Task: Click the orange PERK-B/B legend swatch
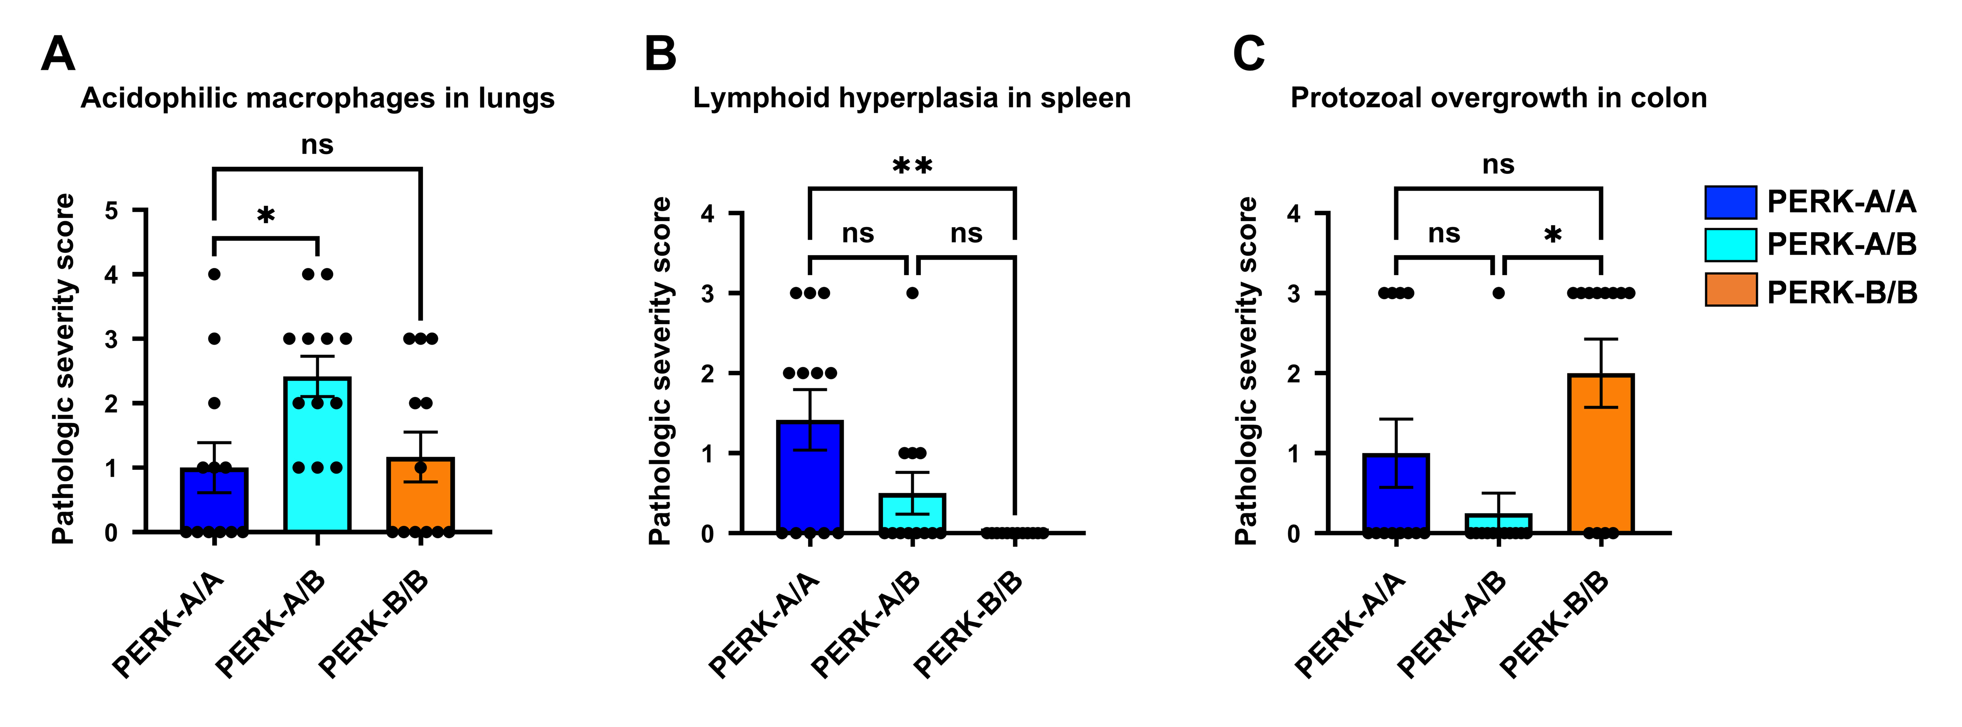[1731, 289]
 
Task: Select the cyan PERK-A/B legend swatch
[1731, 245]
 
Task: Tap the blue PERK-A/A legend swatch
[1731, 202]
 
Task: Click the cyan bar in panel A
[317, 454]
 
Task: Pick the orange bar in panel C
[1601, 453]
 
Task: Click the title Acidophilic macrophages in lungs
[318, 98]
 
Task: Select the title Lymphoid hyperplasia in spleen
[912, 98]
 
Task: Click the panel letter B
[660, 54]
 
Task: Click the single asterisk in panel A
[266, 215]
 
